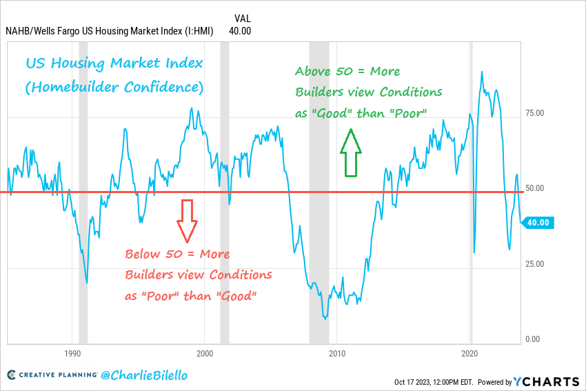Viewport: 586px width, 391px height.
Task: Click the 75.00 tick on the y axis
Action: click(536, 113)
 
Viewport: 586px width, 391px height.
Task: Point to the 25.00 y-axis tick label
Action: click(536, 264)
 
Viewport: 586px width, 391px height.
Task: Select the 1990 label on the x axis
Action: click(72, 353)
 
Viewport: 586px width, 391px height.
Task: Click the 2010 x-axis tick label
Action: click(337, 353)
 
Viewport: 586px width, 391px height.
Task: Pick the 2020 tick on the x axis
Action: click(469, 353)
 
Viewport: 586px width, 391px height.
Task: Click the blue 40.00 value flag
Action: click(538, 222)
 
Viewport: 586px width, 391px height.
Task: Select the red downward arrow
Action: click(187, 221)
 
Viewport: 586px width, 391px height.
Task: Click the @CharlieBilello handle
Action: click(143, 376)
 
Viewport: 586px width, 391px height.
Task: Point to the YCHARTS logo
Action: click(546, 381)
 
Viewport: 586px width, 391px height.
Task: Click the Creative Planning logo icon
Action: click(12, 375)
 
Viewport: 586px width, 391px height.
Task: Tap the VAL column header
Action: click(242, 19)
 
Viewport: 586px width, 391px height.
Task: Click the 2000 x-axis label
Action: click(205, 353)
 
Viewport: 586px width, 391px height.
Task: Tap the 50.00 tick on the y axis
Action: click(536, 188)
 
